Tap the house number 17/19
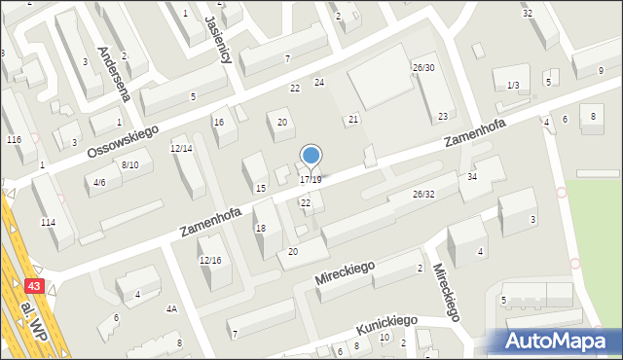point(311,180)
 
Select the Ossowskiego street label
point(122,139)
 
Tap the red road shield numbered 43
point(34,287)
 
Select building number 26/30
point(423,67)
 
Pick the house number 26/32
point(423,194)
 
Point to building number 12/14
point(181,148)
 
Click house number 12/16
point(210,260)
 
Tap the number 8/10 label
point(130,164)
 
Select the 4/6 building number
point(98,182)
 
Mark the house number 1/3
point(513,86)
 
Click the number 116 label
point(14,140)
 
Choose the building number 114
point(48,223)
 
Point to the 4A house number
point(171,308)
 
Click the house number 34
point(472,176)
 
